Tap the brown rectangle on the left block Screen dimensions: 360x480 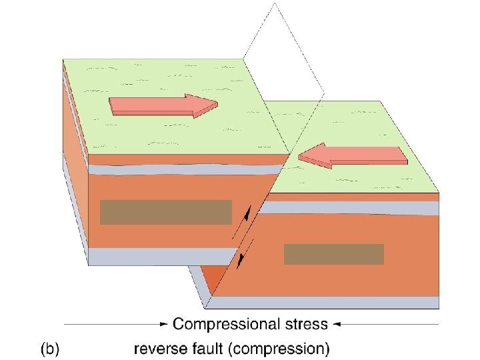click(165, 212)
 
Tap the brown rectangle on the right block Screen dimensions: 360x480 click(333, 254)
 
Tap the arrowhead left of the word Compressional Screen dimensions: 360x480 click(165, 325)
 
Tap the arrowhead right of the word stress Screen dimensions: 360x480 click(337, 325)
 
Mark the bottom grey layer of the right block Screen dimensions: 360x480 click(327, 302)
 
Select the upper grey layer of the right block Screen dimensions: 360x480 click(353, 207)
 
